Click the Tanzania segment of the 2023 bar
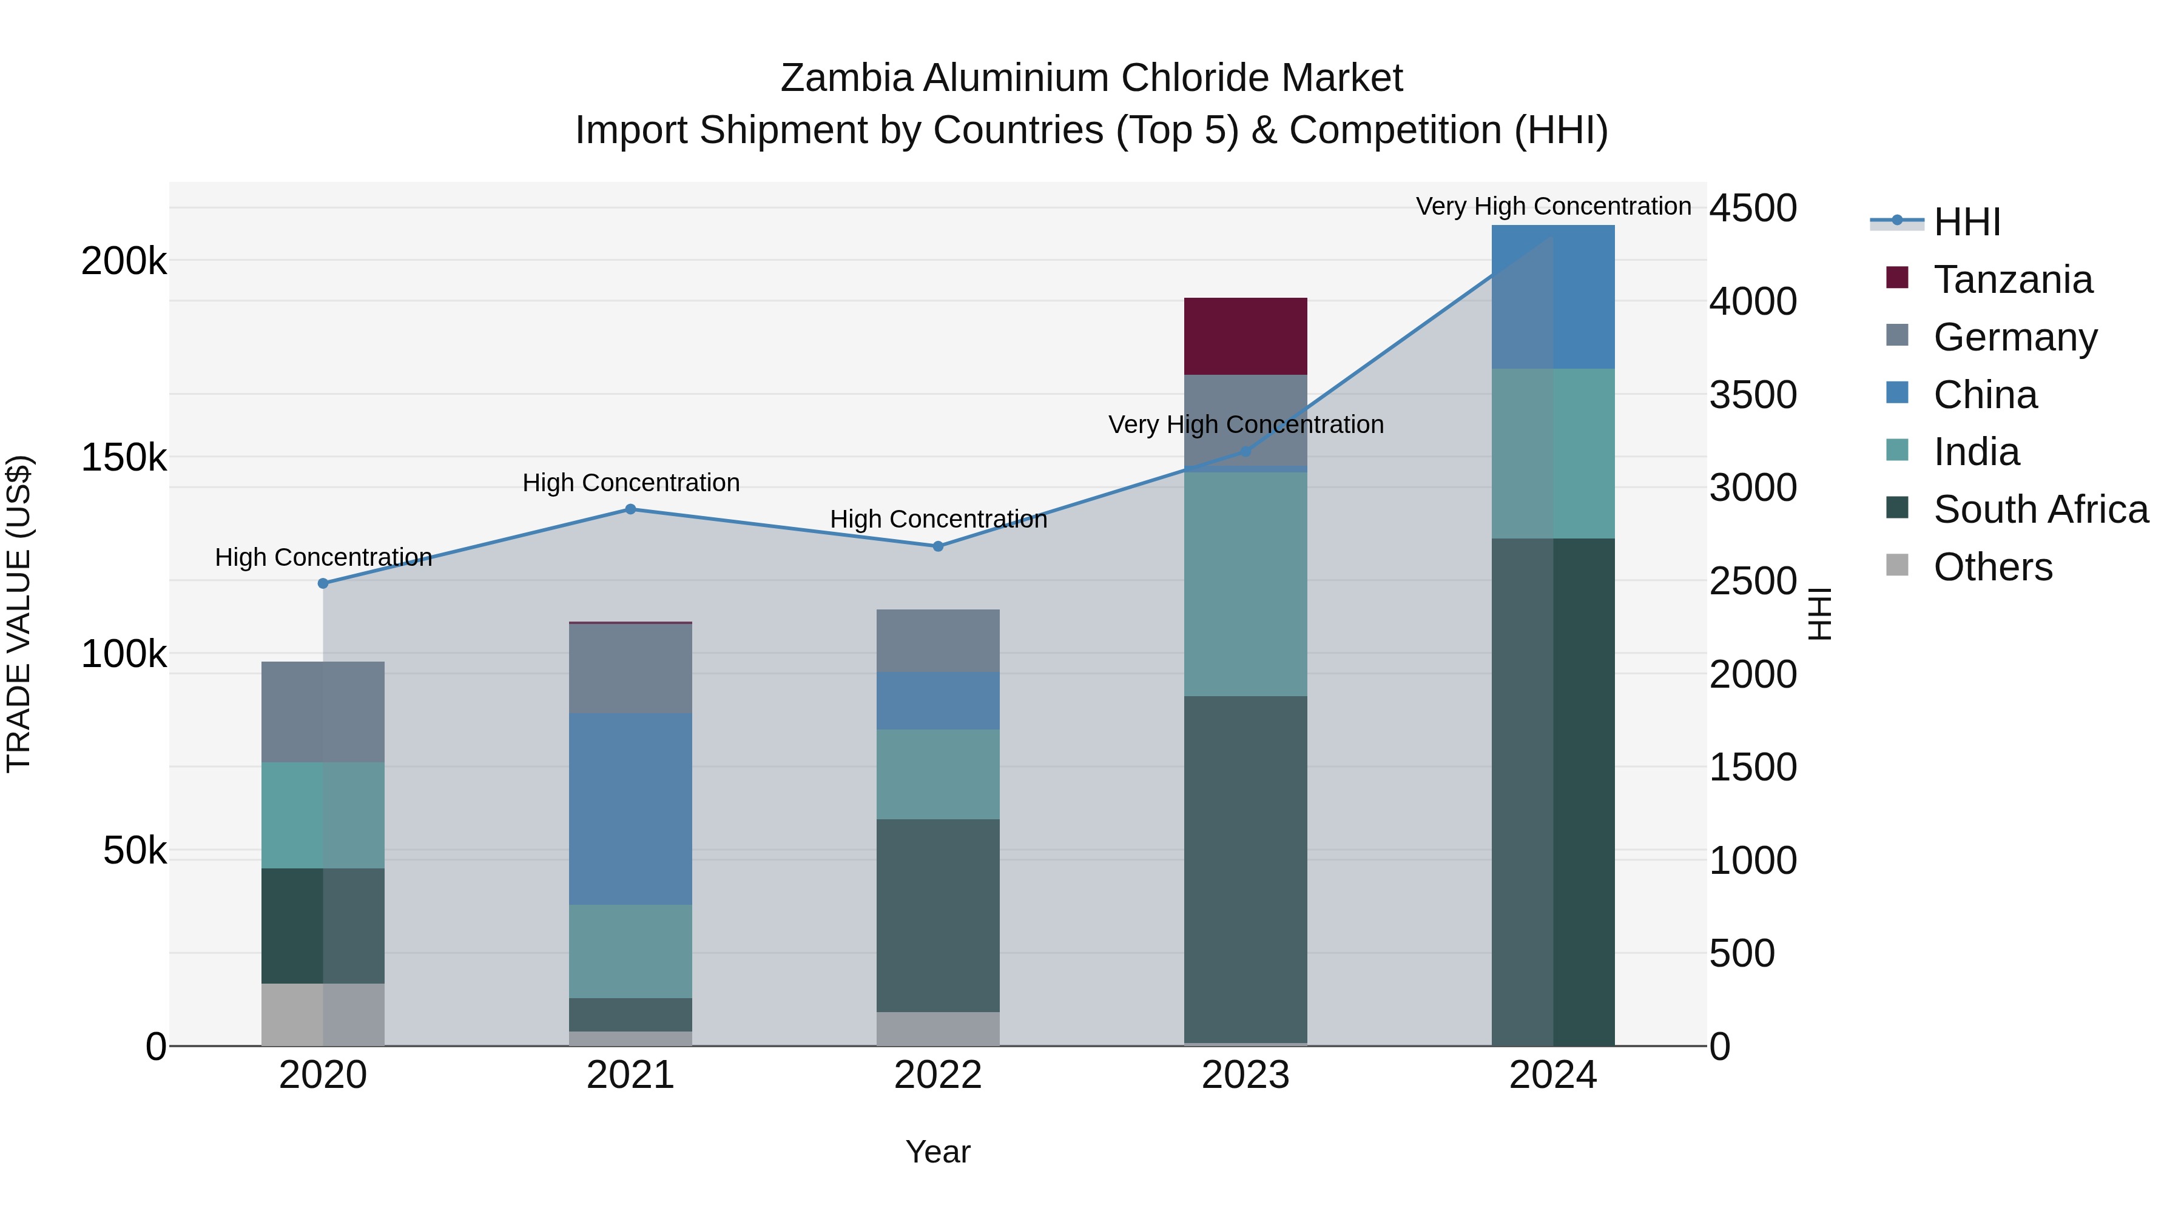tap(1245, 337)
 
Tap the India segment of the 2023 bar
tap(1245, 584)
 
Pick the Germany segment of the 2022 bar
tap(938, 641)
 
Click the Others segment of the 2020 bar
tap(322, 1015)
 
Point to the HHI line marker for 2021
tap(630, 509)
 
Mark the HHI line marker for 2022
tap(938, 546)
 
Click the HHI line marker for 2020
tap(323, 583)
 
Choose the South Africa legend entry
tap(2040, 509)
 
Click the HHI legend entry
tap(1966, 222)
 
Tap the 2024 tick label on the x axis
tap(1552, 1075)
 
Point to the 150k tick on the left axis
tap(124, 458)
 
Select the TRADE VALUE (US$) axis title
tap(19, 614)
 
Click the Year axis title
tap(938, 1152)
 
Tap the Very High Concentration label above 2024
tap(1553, 206)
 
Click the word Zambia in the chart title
tap(847, 78)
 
